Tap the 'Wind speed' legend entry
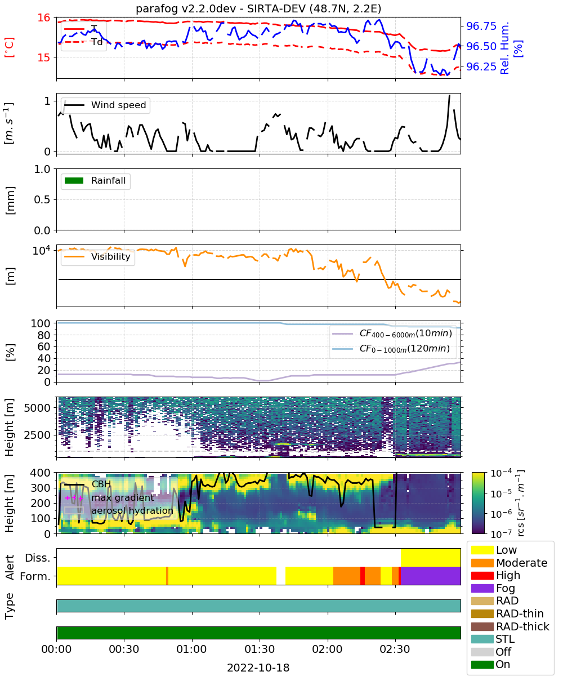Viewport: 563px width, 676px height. coord(105,105)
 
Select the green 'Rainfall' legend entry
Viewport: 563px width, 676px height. coord(95,180)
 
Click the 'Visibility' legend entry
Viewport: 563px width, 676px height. coord(97,256)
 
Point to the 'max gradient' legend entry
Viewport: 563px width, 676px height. coord(110,497)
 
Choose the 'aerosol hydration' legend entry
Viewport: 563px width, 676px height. coord(119,510)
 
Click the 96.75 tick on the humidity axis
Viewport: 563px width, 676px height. coord(481,26)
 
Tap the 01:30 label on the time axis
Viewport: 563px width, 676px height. coord(260,649)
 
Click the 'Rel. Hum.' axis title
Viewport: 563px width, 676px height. coord(504,48)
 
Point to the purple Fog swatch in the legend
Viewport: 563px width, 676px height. coord(482,588)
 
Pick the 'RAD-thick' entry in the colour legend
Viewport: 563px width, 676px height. coord(510,626)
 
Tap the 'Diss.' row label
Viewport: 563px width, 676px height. coord(38,558)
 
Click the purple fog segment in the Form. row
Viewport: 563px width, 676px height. coord(431,576)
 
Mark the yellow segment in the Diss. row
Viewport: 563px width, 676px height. coord(431,558)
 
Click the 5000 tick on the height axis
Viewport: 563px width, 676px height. coord(37,408)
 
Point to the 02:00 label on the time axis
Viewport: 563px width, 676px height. coord(327,649)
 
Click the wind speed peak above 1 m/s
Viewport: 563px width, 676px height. coord(449,96)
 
